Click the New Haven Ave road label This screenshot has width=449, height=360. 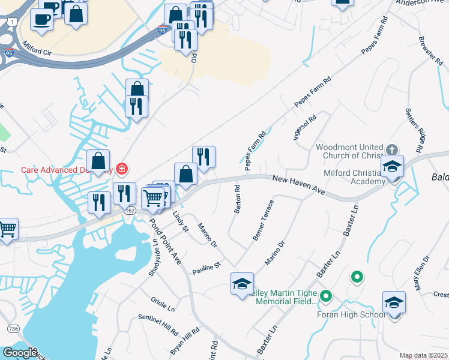tap(298, 184)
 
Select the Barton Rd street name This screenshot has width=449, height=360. tap(237, 199)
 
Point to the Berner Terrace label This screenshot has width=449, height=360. tap(263, 220)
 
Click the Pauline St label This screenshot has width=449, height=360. tap(207, 269)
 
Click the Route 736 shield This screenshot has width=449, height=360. tap(12, 329)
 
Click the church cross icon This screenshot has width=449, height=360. tap(391, 149)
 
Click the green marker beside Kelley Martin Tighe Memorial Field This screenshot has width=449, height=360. tap(326, 296)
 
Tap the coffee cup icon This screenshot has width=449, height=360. tap(41, 18)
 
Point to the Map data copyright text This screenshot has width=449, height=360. tap(423, 355)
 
